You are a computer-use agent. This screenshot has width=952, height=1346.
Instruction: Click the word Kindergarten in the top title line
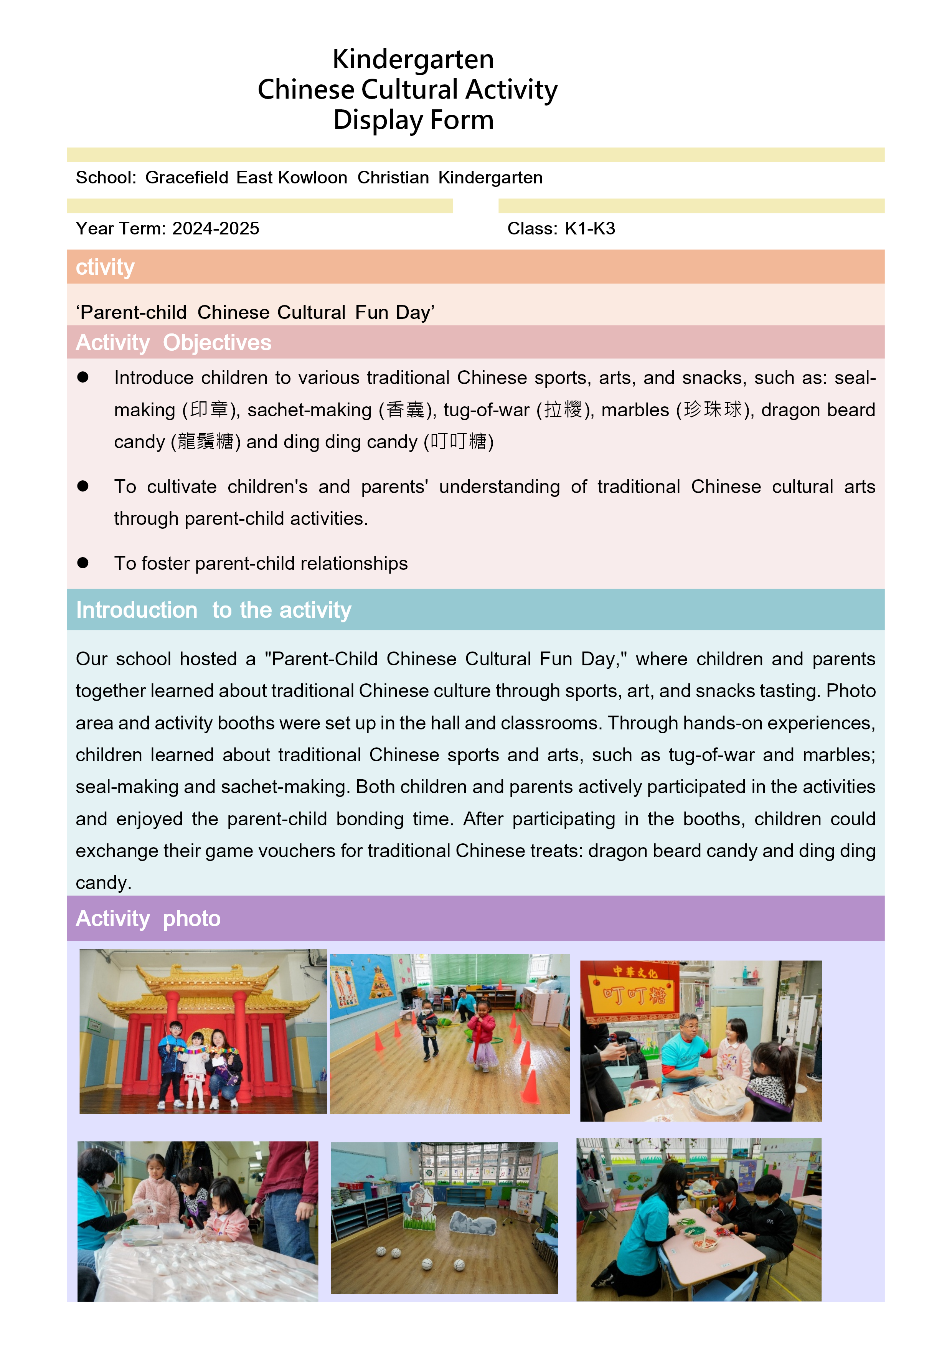point(413,59)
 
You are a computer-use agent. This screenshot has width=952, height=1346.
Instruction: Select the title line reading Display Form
point(413,120)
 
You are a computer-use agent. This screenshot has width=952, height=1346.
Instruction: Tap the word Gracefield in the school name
point(186,178)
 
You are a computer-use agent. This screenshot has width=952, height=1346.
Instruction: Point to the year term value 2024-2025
point(215,229)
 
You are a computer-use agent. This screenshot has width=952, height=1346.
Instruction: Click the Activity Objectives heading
point(173,343)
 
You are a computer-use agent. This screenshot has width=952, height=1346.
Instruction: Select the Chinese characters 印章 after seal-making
point(209,409)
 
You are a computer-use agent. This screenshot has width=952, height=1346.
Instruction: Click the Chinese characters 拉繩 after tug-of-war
point(563,409)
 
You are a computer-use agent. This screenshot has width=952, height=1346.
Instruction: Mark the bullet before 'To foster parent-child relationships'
point(82,563)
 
